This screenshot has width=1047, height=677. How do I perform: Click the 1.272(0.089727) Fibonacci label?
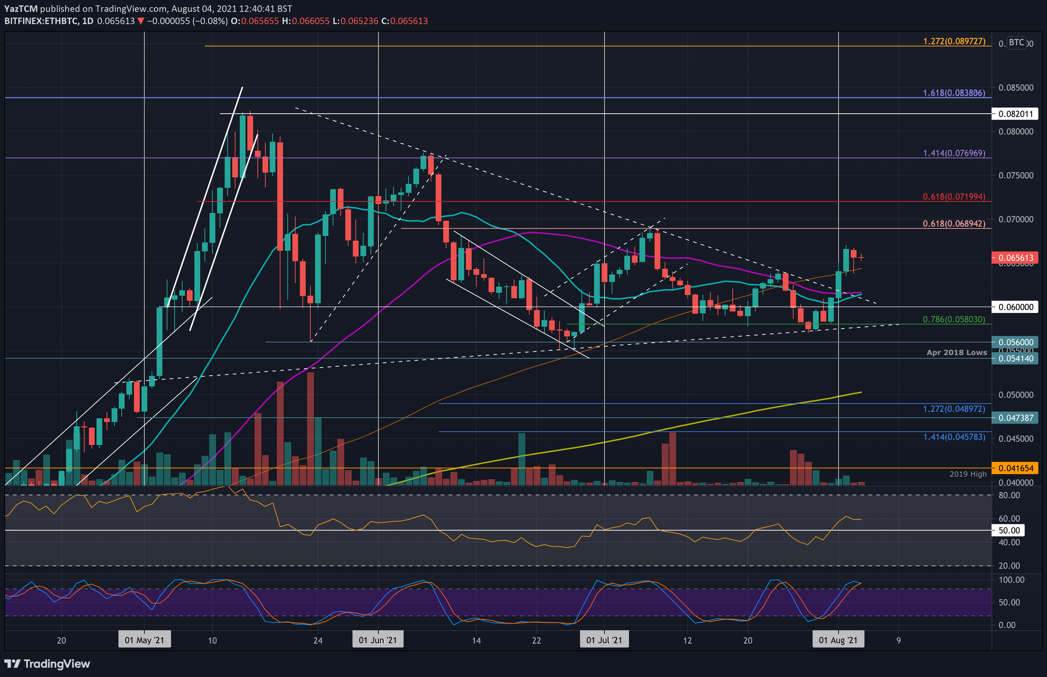tap(954, 41)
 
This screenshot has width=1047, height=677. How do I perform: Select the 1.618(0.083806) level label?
tap(954, 93)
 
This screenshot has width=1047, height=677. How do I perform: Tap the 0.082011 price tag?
tap(1015, 114)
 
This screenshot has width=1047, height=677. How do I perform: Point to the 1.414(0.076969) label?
tap(954, 153)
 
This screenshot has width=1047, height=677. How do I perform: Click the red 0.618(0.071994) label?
tap(954, 196)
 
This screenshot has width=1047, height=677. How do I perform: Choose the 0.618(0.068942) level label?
tap(954, 223)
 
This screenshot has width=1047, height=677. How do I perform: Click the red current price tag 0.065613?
tap(1015, 258)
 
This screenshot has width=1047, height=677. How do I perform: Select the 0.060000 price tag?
tap(1015, 307)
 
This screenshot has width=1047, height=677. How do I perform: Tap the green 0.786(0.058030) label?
tap(954, 319)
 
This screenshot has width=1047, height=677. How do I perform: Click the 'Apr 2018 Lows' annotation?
tap(956, 353)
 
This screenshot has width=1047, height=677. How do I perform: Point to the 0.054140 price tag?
tap(1015, 359)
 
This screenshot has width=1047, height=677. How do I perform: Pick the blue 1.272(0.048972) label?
tap(954, 409)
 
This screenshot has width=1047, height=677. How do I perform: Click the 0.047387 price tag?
tap(1015, 418)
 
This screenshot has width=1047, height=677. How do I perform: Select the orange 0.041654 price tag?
tap(1015, 468)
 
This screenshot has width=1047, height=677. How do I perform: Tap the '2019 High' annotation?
tap(968, 474)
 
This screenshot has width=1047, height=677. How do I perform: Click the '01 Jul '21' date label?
tap(604, 640)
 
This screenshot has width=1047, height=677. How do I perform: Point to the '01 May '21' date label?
tap(144, 640)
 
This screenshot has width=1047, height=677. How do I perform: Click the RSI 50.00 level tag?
tap(1008, 530)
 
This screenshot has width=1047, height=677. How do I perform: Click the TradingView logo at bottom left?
tap(47, 663)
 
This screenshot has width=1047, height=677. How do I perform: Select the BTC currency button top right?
tap(1016, 43)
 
